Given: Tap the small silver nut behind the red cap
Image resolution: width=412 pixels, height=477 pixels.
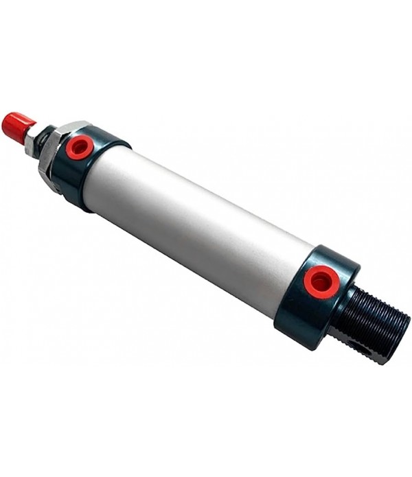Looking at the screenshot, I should tap(32, 143).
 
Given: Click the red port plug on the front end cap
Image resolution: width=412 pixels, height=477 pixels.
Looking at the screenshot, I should tap(80, 147).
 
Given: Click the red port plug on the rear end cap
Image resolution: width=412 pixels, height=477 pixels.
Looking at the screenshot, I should tap(321, 281).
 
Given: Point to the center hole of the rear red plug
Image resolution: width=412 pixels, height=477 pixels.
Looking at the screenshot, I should tap(322, 281).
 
